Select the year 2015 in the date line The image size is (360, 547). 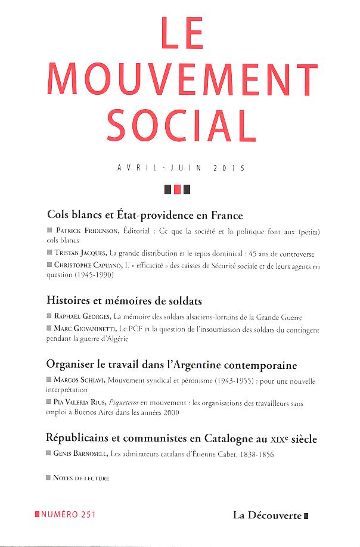pyautogui.click(x=228, y=169)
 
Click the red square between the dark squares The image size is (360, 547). pyautogui.click(x=176, y=190)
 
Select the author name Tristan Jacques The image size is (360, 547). pyautogui.click(x=79, y=253)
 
